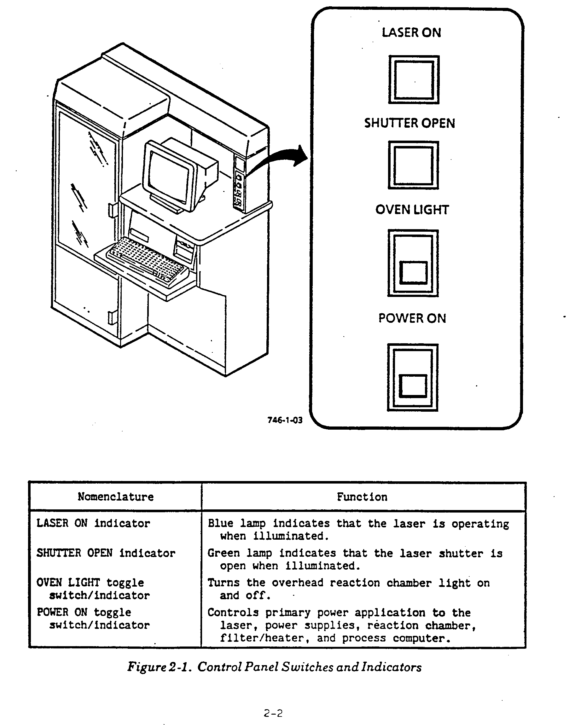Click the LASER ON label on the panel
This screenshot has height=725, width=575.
411,32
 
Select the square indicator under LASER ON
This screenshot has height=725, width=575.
414,80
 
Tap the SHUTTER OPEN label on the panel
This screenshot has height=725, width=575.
409,123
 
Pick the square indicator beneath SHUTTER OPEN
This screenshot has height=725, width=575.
413,165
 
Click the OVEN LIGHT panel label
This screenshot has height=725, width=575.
412,210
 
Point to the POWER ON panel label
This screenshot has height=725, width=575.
412,318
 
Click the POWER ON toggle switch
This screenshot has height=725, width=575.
413,377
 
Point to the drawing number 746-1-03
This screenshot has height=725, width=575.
285,420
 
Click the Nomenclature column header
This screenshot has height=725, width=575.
116,497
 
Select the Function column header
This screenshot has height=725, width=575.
362,497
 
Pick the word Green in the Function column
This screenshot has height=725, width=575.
224,553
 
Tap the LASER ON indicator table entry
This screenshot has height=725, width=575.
93,523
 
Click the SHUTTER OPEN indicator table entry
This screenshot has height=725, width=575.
106,553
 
